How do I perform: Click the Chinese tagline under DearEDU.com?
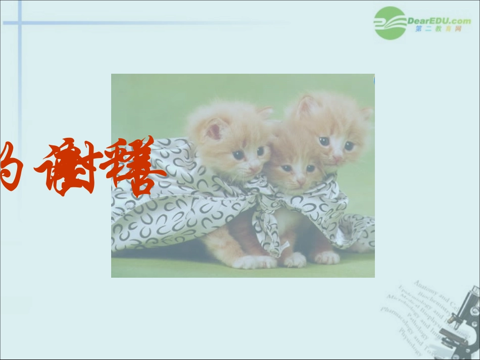point(438,29)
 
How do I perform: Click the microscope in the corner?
point(462,318)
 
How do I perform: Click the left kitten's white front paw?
point(253,262)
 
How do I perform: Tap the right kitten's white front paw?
point(327,258)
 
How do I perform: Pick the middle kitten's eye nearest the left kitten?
point(286,168)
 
